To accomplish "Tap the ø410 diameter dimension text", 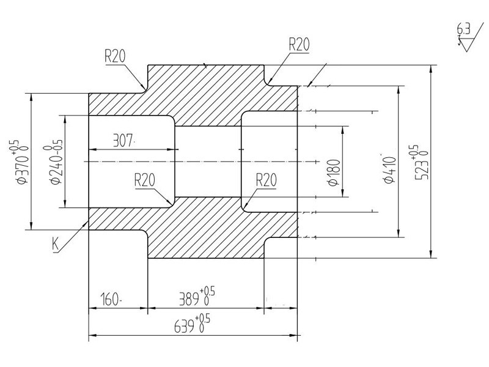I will click(389, 169).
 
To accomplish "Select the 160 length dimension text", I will click(111, 300).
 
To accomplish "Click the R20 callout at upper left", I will click(114, 56).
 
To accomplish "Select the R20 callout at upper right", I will click(300, 43).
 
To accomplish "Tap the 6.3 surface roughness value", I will click(463, 28).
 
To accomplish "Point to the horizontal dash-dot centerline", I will click(202, 161).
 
